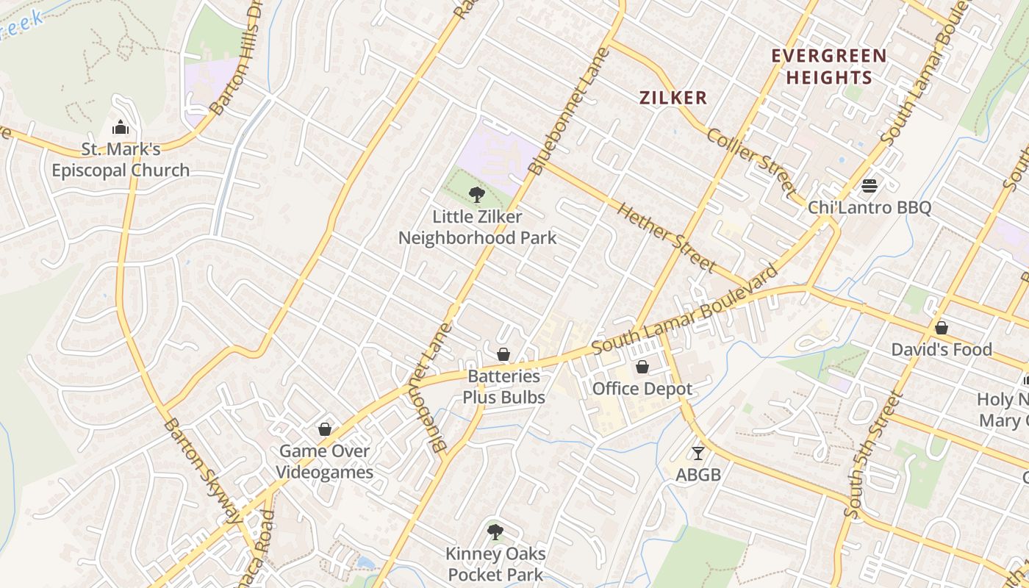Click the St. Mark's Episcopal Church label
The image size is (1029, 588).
coord(121,160)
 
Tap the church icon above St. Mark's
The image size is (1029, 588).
coord(121,128)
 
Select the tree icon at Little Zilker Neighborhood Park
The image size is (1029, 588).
coord(477,195)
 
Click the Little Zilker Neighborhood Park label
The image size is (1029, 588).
coord(477,227)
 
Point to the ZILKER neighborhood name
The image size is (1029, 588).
coord(673,98)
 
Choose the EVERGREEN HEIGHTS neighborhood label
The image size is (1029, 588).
coord(828,66)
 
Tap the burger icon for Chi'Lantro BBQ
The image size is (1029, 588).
coord(870,186)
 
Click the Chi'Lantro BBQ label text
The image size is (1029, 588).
coord(870,207)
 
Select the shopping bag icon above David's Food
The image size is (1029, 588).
coord(941,328)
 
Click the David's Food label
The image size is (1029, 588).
coord(942,350)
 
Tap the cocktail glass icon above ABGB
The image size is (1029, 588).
coord(698,453)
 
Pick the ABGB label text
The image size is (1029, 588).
coord(698,475)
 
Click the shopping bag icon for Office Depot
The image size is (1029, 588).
coord(642,367)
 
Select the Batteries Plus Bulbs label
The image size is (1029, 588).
coord(503,387)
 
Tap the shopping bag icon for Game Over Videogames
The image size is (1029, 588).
coord(325,429)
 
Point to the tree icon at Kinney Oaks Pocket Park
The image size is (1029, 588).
coord(495,531)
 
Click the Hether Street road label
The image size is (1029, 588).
coord(666,237)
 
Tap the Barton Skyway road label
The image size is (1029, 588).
coord(202,470)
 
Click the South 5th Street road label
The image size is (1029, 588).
coord(872,456)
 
